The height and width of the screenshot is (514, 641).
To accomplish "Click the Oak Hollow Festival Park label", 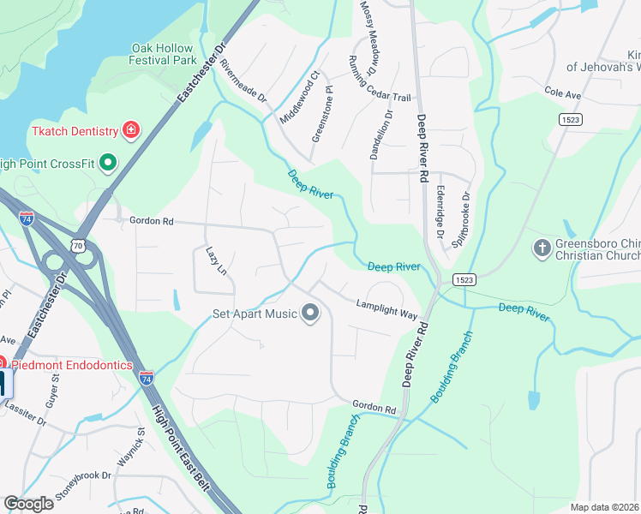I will [163, 55].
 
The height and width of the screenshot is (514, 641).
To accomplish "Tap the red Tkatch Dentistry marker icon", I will [131, 131].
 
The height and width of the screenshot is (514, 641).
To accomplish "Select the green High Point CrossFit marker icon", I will [108, 162].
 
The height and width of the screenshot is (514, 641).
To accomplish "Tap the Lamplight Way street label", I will [386, 308].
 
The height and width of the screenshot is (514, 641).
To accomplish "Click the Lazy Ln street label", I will [216, 262].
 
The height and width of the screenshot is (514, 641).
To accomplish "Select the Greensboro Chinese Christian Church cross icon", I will [541, 248].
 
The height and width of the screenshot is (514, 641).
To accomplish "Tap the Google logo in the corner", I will [28, 503].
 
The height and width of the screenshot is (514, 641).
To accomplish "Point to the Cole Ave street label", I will [562, 91].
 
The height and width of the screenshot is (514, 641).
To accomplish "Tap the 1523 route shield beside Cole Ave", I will [572, 119].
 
